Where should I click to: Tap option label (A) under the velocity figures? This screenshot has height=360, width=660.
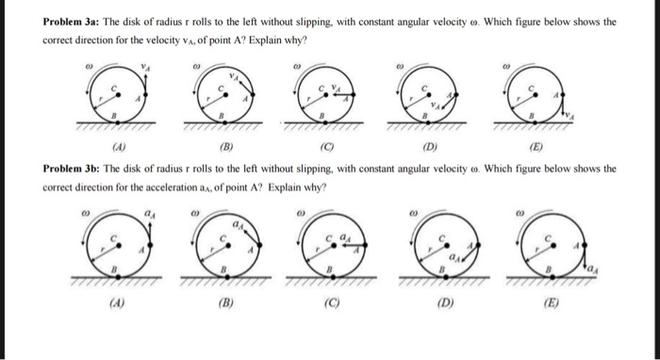pyautogui.click(x=119, y=147)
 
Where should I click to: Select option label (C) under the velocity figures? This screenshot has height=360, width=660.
pyautogui.click(x=323, y=147)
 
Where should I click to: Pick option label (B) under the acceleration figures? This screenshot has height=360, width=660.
pyautogui.click(x=222, y=304)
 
